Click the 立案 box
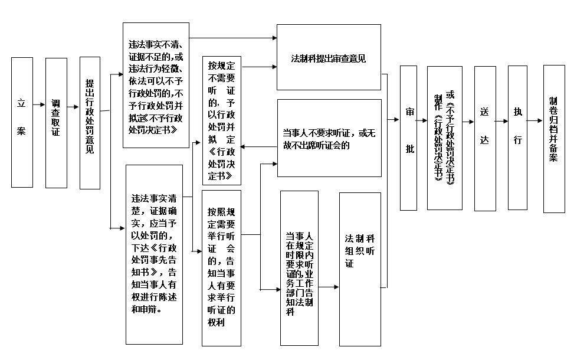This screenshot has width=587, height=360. (22, 123)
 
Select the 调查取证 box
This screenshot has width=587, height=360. (56, 123)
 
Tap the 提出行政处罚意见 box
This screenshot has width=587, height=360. (90, 123)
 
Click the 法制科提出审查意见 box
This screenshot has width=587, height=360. (329, 57)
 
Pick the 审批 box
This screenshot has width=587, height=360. (408, 138)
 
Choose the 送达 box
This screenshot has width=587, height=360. (485, 139)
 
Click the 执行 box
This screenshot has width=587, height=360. (517, 138)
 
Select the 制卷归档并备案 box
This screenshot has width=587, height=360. (554, 139)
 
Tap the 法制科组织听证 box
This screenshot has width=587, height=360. (360, 269)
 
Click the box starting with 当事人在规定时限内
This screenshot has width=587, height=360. (299, 268)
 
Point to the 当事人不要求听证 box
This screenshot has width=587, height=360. (329, 138)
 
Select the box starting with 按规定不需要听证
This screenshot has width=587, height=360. (222, 120)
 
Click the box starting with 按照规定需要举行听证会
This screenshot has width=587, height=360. (221, 268)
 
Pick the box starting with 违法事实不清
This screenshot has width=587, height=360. (156, 85)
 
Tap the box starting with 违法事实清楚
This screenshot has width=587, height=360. (154, 255)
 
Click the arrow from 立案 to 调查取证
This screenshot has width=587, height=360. (39, 104)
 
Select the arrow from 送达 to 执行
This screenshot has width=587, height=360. (501, 122)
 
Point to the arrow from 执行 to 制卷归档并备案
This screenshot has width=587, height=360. (535, 120)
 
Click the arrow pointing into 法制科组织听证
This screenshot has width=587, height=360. (329, 287)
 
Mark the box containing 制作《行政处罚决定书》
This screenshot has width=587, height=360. (445, 138)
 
